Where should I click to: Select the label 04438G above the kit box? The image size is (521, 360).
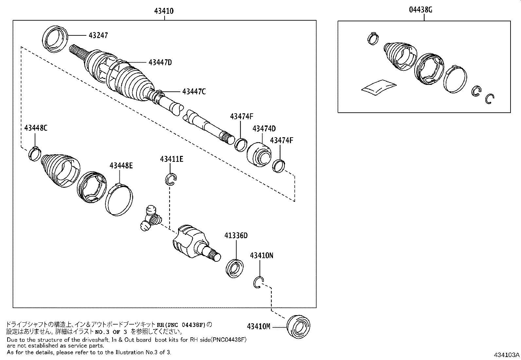click(x=421, y=9)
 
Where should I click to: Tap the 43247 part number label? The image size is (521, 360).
click(x=98, y=35)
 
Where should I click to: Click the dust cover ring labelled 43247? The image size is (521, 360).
click(x=55, y=39)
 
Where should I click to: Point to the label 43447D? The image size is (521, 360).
click(x=160, y=62)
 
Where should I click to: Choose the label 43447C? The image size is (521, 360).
click(x=194, y=92)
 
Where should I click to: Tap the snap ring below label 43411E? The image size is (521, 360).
click(x=171, y=180)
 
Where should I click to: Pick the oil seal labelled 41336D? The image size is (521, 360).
click(x=234, y=268)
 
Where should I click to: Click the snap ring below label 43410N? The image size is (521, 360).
click(x=259, y=282)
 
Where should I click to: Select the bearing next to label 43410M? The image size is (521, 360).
click(x=298, y=326)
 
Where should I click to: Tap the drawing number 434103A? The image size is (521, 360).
click(x=507, y=355)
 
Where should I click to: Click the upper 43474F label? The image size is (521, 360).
click(x=242, y=116)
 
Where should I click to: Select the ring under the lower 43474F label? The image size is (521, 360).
click(x=279, y=165)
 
